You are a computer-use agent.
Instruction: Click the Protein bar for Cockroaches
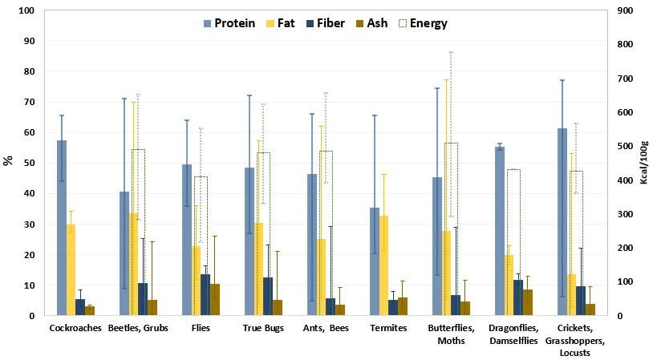61,228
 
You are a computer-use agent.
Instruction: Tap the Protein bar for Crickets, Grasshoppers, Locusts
562,222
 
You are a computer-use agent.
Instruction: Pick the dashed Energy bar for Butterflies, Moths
451,229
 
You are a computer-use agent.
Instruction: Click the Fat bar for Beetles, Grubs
133,265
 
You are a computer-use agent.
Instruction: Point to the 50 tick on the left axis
28,164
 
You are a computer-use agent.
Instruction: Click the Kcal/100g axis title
644,164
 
